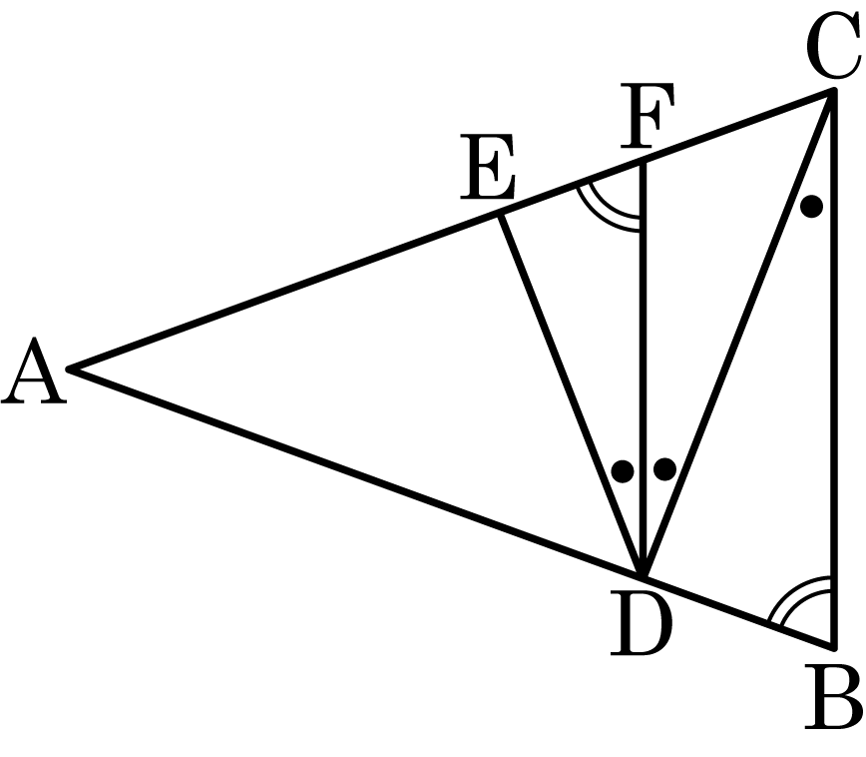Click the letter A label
(x=34, y=371)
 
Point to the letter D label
(x=642, y=624)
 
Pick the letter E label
(x=488, y=167)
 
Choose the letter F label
(x=647, y=116)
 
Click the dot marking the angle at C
(x=811, y=207)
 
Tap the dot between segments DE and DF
(x=623, y=471)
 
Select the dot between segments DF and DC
(x=664, y=469)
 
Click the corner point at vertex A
(x=69, y=369)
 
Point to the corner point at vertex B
(x=833, y=646)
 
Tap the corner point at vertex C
(x=833, y=91)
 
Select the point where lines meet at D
(x=643, y=576)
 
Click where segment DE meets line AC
(x=499, y=215)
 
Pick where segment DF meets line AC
(x=643, y=162)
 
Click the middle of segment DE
(x=571, y=395)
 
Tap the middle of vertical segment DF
(x=643, y=370)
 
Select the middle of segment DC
(x=738, y=334)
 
